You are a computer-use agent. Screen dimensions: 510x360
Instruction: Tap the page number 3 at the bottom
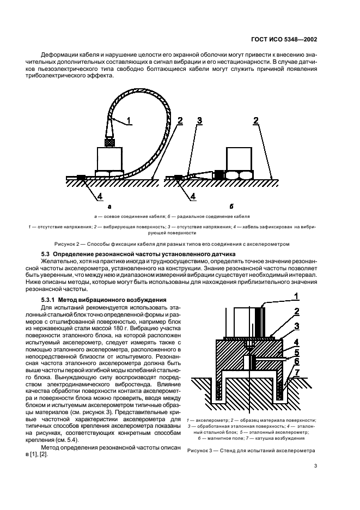tap(315, 466)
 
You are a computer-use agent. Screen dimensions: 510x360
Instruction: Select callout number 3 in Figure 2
tap(200, 121)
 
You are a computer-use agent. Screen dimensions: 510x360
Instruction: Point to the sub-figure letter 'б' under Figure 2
tap(231, 207)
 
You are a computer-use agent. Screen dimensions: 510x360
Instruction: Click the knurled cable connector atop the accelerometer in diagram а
tap(109, 141)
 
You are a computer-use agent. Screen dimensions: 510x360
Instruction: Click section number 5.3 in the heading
tap(49, 254)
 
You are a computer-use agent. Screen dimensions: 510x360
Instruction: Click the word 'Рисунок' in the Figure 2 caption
tap(66, 244)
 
